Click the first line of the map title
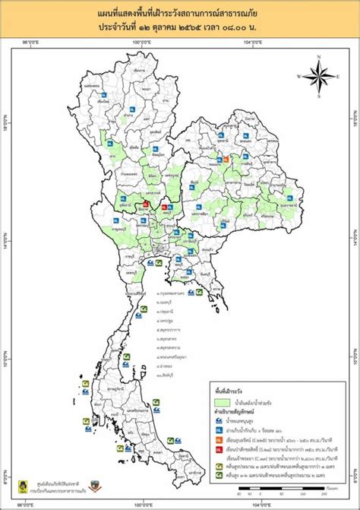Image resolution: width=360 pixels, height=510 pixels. click(180, 14)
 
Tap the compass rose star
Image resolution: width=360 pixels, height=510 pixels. click(321, 76)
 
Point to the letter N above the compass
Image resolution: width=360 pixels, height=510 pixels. click(321, 56)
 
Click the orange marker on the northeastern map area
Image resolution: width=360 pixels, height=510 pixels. click(226, 160)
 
